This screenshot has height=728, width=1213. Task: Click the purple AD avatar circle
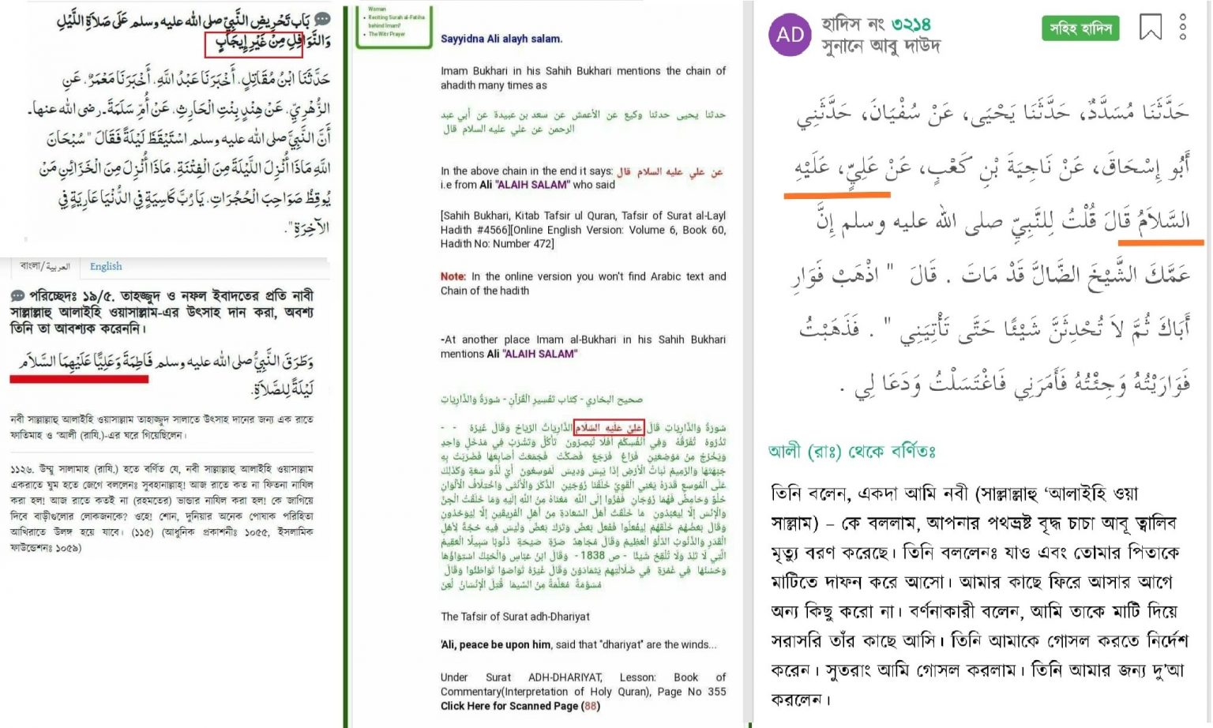(790, 34)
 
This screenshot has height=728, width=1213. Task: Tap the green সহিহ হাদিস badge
(1080, 28)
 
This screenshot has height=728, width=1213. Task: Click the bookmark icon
(1151, 27)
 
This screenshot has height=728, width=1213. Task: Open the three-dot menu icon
(1182, 27)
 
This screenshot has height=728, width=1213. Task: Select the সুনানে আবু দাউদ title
(881, 47)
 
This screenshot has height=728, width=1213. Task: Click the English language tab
(106, 266)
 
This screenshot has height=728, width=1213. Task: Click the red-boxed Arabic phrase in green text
(609, 427)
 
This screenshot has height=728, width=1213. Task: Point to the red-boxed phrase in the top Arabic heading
(253, 43)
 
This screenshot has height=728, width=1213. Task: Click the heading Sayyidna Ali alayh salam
(501, 39)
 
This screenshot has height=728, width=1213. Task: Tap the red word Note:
(453, 276)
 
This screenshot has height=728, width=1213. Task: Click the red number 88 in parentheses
(590, 706)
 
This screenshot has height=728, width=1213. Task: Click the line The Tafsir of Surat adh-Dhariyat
(515, 616)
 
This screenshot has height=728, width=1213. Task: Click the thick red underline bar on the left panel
(79, 379)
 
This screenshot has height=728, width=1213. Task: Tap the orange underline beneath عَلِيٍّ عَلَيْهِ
(836, 193)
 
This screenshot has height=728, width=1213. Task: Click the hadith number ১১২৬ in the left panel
(22, 469)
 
